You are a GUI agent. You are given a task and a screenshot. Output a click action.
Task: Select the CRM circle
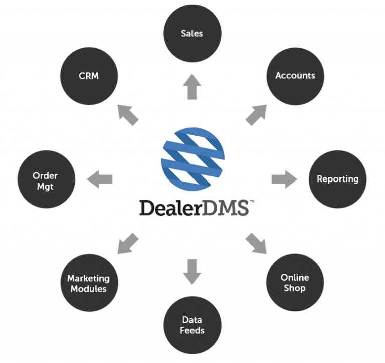point(89,76)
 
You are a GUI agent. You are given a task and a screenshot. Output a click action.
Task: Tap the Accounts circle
point(295,76)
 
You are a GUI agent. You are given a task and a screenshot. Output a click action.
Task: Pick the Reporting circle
point(337,179)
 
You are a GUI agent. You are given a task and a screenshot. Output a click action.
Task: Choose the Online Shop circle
point(295,283)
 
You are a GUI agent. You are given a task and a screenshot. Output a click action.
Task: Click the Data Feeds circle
point(193,325)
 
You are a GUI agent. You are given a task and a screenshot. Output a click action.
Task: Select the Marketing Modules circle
point(89,283)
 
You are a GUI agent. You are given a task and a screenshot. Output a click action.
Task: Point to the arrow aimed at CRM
point(127,114)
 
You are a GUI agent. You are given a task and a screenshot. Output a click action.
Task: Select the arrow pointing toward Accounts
point(257,115)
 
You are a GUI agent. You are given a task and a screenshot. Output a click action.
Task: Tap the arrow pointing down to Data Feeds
point(192,271)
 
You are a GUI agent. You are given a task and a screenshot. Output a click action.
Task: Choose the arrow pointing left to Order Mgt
point(100,179)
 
